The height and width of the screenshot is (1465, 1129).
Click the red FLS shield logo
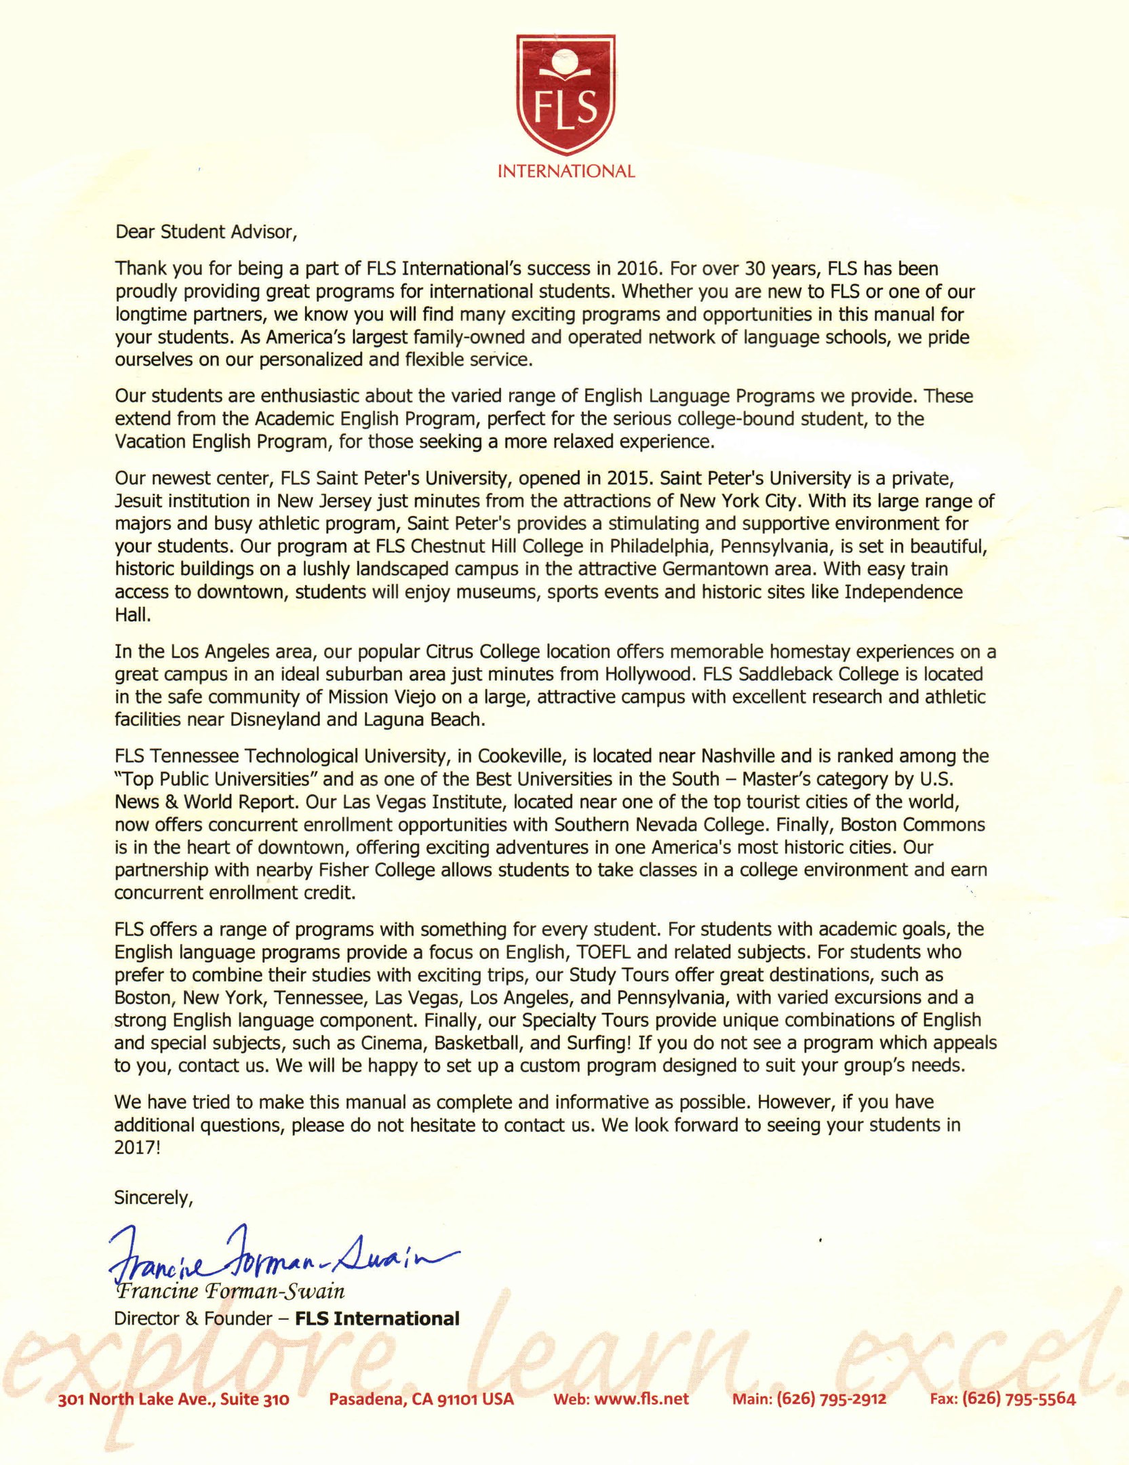click(566, 96)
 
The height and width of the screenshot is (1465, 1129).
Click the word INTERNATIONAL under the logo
click(566, 172)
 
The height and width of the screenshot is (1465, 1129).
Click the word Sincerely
click(154, 1198)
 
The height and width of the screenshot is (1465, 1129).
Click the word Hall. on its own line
click(130, 615)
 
